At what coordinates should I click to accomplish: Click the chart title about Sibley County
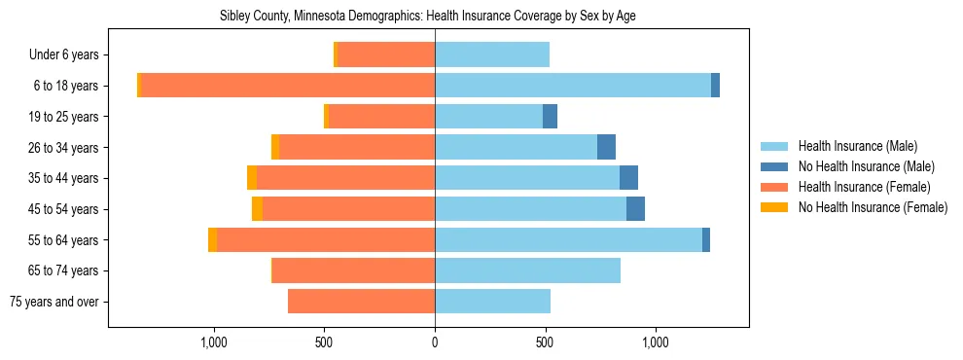480,17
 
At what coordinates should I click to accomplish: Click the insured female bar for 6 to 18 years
287,86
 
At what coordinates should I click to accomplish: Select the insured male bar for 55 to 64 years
568,240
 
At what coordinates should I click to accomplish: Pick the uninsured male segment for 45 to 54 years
635,209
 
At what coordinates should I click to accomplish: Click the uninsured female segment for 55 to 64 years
212,240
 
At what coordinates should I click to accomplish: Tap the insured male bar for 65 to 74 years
527,270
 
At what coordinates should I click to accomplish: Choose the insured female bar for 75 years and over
361,302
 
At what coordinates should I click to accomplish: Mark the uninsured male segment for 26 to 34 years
606,147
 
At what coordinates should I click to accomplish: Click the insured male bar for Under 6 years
492,54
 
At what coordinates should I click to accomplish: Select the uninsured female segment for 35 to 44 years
252,178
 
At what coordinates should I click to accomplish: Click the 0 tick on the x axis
435,342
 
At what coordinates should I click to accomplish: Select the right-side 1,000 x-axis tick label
655,342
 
